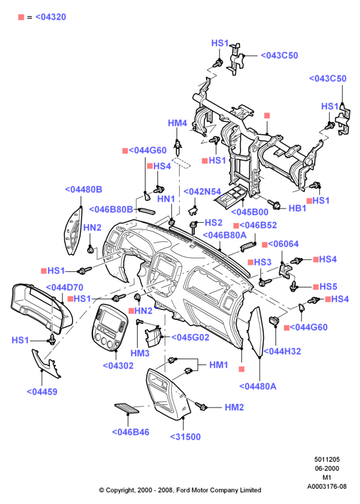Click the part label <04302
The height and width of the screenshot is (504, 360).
coord(118,366)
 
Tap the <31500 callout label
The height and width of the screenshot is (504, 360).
coord(186,436)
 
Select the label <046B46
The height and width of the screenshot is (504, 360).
coord(130,432)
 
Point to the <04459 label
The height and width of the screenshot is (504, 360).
coord(42,391)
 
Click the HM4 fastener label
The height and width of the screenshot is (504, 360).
coord(177,123)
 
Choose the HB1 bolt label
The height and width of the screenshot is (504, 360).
coord(297,208)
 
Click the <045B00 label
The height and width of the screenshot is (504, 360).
coord(250,212)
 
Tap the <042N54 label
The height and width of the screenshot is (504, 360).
coord(202,191)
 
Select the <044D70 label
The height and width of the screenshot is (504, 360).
coord(65,287)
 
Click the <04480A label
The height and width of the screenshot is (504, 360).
coord(258,386)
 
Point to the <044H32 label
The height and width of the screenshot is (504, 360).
coord(282,351)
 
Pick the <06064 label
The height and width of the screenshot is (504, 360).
coord(283,244)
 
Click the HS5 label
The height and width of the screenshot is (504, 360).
coord(328,286)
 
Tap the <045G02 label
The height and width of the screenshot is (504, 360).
coord(190,337)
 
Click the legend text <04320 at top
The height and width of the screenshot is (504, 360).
coord(51,17)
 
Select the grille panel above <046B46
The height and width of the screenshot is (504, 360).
coord(127,408)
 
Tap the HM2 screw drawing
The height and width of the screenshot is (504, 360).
coord(201,406)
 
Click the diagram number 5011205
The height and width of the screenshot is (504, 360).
coord(327,459)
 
